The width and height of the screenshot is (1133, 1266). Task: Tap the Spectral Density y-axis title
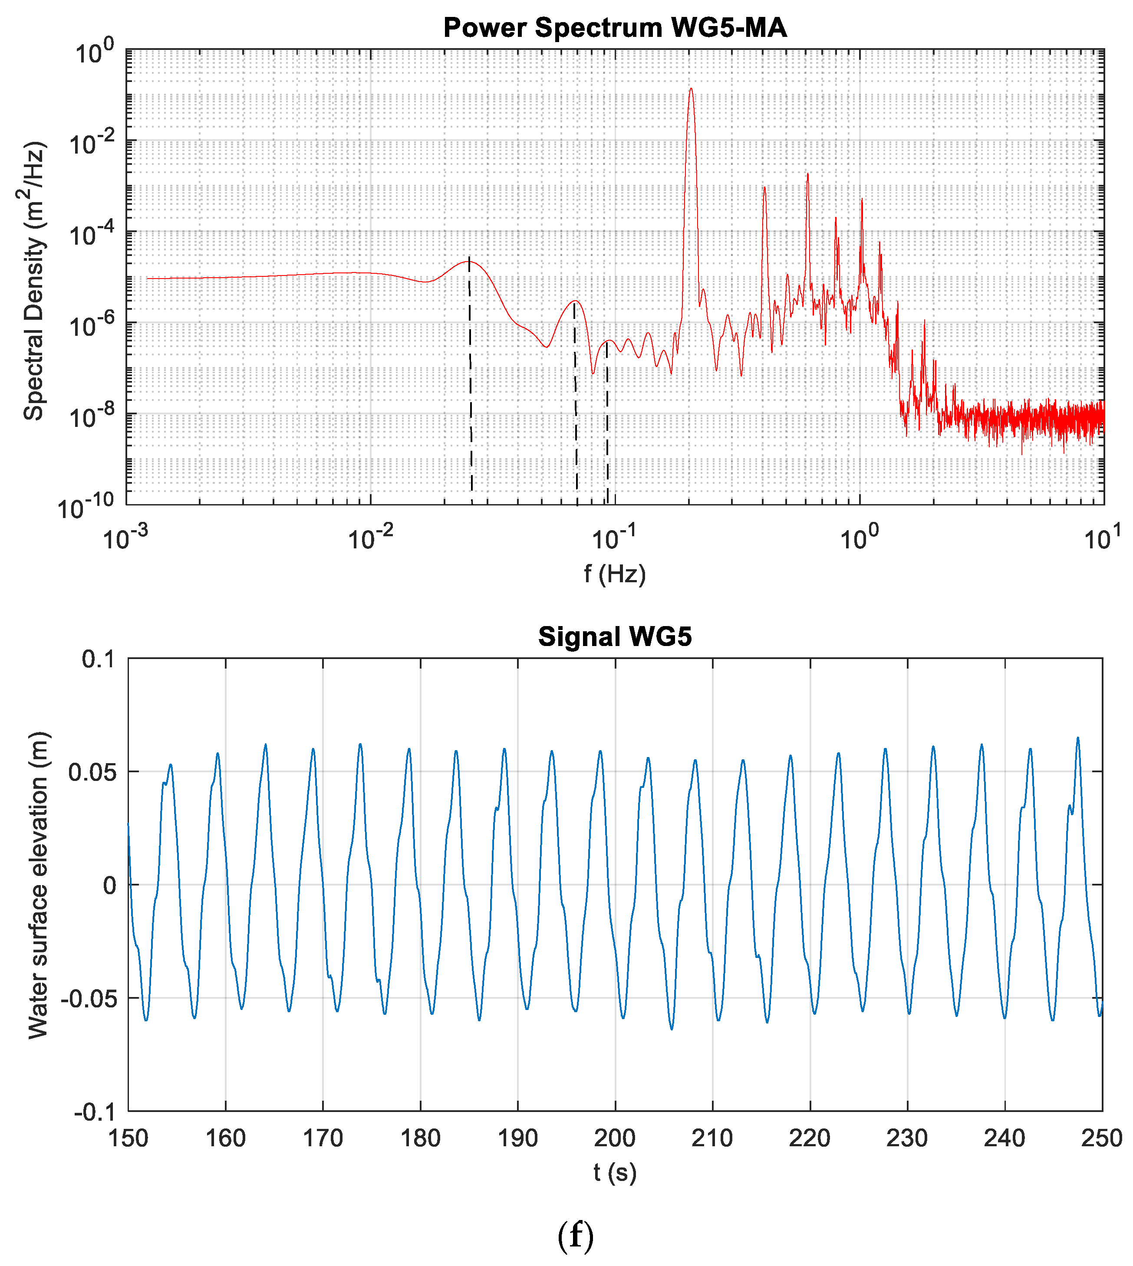click(x=34, y=281)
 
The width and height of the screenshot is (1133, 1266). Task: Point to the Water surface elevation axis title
click(x=39, y=885)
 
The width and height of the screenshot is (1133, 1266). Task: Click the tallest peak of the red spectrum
click(x=690, y=89)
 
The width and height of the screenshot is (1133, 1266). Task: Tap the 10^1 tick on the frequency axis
click(x=1103, y=539)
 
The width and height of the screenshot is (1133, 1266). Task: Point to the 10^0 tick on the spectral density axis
click(x=93, y=53)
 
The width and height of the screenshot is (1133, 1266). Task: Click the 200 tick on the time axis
click(x=615, y=1138)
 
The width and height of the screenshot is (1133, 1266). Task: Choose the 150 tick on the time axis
click(x=128, y=1138)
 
